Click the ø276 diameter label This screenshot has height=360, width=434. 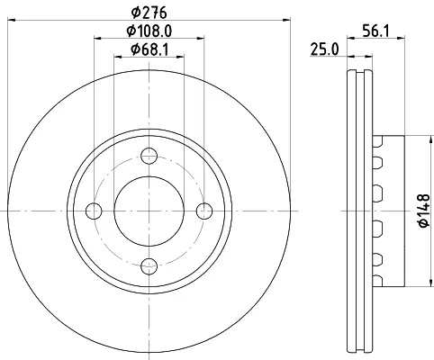click(x=149, y=13)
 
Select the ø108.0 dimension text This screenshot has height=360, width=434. click(x=149, y=31)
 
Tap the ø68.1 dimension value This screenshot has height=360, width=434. click(x=149, y=49)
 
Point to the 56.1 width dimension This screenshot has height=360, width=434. click(x=375, y=31)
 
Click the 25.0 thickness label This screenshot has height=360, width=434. click(x=324, y=49)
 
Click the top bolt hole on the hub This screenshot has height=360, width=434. click(x=149, y=156)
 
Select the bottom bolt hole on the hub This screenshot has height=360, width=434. click(x=149, y=266)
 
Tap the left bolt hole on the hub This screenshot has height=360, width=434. click(x=94, y=211)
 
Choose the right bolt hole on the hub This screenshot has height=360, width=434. click(x=204, y=211)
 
